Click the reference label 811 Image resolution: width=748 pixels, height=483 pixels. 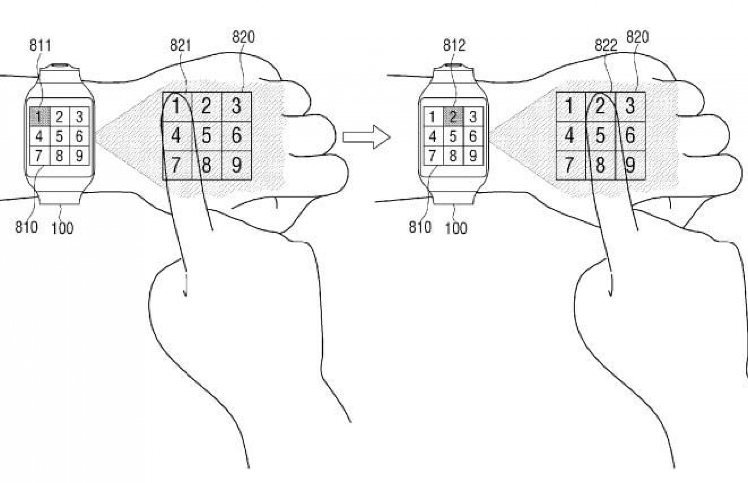[x=40, y=46]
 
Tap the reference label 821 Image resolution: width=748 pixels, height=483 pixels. [x=181, y=46]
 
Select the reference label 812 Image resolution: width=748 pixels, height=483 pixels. [x=454, y=46]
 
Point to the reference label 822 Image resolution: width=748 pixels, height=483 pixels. [x=606, y=46]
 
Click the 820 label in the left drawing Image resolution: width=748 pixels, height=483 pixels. [x=243, y=37]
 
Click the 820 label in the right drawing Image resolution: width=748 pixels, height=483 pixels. [x=637, y=37]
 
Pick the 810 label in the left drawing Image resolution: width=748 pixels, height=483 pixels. [x=26, y=227]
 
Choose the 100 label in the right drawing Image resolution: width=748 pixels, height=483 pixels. [x=456, y=228]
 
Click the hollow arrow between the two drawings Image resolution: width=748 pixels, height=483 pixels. [x=366, y=137]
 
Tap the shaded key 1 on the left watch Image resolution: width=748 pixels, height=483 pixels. [x=39, y=117]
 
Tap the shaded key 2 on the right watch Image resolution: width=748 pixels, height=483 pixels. [x=453, y=117]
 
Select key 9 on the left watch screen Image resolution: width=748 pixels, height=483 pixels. [x=79, y=156]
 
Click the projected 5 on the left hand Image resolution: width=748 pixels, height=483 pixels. [x=206, y=135]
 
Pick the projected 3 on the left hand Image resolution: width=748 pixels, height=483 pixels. [x=236, y=106]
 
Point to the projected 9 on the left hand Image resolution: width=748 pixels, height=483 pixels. [x=236, y=165]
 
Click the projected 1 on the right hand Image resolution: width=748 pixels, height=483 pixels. [x=570, y=106]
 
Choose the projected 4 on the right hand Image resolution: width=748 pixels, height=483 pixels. [x=570, y=135]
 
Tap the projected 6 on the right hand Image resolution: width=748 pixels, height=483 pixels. [x=630, y=135]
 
